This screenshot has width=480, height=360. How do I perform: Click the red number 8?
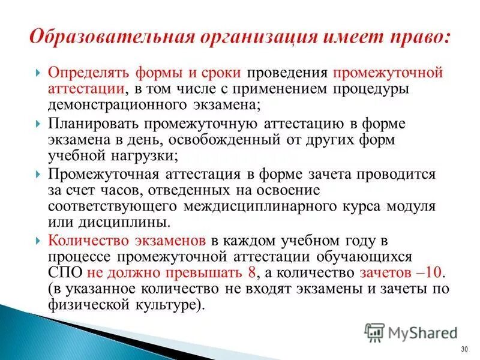tap(251, 272)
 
